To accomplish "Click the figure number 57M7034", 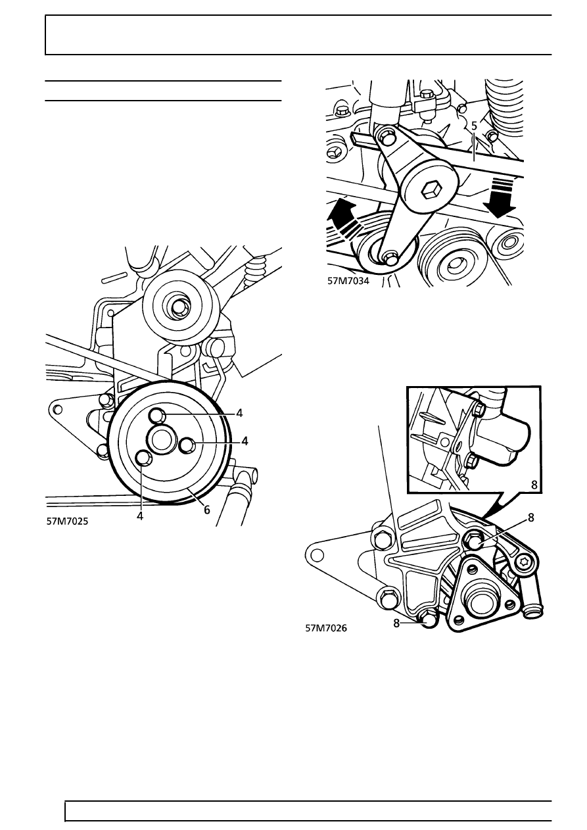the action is pyautogui.click(x=348, y=281).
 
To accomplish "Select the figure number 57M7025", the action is pyautogui.click(x=68, y=522).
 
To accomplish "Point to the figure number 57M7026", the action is pyautogui.click(x=326, y=629).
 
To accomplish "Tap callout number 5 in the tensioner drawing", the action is pyautogui.click(x=474, y=126).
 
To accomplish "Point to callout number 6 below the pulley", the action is pyautogui.click(x=206, y=510).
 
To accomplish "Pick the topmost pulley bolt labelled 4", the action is pyautogui.click(x=156, y=414).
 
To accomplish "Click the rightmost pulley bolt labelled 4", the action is pyautogui.click(x=187, y=445).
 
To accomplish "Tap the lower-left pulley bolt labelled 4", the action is pyautogui.click(x=143, y=458).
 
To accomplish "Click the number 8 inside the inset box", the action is pyautogui.click(x=534, y=485).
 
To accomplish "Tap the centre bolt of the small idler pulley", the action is pyautogui.click(x=181, y=307).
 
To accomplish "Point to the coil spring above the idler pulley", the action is pyautogui.click(x=256, y=273).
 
